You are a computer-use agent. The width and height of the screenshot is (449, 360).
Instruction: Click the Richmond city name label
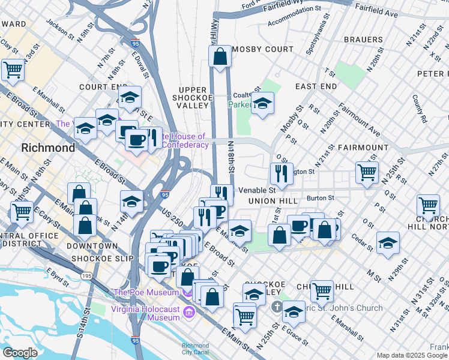pyautogui.click(x=48, y=148)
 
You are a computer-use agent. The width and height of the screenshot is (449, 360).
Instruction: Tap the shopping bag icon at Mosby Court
pyautogui.click(x=220, y=56)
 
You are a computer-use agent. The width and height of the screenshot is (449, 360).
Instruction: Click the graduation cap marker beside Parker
pyautogui.click(x=262, y=104)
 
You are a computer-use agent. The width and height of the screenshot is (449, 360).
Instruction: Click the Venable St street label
pyautogui.click(x=256, y=190)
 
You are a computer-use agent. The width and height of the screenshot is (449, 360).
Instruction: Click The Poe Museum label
pyautogui.click(x=146, y=292)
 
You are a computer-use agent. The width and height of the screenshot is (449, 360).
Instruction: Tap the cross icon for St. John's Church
pyautogui.click(x=277, y=308)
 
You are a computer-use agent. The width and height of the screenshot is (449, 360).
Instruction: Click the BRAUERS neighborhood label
pyautogui.click(x=363, y=40)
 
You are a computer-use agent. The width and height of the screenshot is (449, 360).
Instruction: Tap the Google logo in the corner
pyautogui.click(x=20, y=353)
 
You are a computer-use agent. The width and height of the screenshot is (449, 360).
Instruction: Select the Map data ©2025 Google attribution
pyautogui.click(x=411, y=355)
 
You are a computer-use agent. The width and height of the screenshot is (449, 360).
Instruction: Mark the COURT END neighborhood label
pyautogui.click(x=100, y=86)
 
